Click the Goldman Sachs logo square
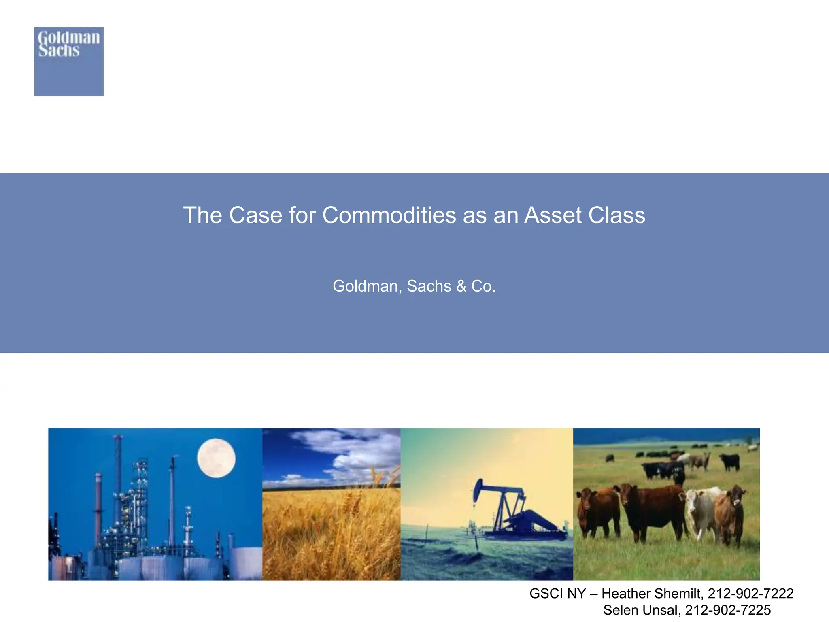tap(69, 62)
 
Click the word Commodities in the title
tap(389, 215)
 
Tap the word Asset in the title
tap(553, 215)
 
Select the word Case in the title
tap(255, 215)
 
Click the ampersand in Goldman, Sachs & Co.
tap(461, 286)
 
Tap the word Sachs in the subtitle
tap(429, 286)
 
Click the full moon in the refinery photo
tap(216, 458)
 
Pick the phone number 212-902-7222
tap(750, 594)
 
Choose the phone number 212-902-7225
tap(728, 610)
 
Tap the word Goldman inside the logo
tap(69, 38)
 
